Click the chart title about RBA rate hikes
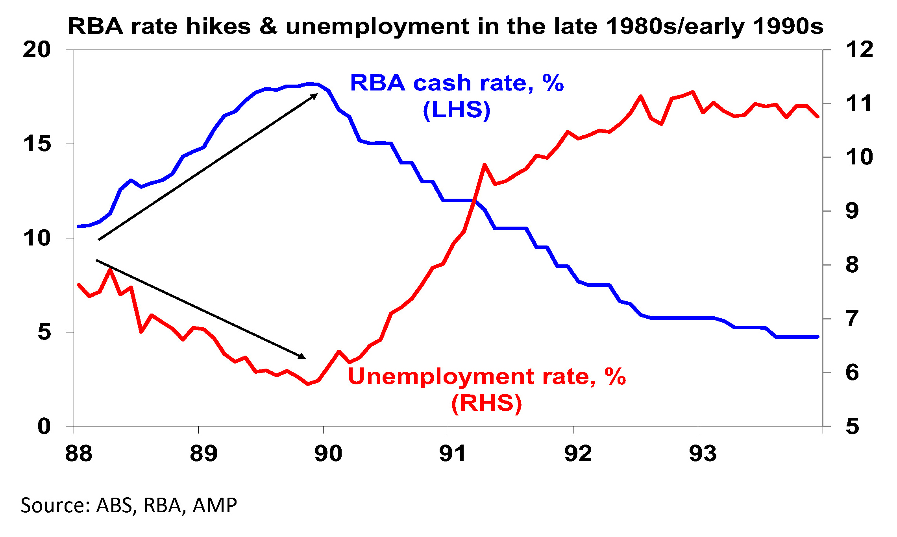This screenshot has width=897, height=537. click(x=446, y=27)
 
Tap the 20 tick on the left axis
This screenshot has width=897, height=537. click(x=37, y=50)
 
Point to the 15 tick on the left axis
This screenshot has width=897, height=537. click(x=37, y=144)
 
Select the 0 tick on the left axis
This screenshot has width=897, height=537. click(x=44, y=426)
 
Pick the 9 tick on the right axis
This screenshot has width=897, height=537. click(x=852, y=211)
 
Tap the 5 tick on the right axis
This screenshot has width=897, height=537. click(x=852, y=426)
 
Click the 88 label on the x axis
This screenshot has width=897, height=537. click(x=79, y=453)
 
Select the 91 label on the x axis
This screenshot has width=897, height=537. click(x=453, y=453)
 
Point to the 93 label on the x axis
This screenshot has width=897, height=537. click(x=703, y=453)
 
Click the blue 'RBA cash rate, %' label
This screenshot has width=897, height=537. click(x=457, y=83)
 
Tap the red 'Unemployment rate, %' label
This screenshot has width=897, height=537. click(x=487, y=376)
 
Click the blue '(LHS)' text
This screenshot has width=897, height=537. click(x=457, y=110)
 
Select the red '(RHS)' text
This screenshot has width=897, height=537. click(x=487, y=403)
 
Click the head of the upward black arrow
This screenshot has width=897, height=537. click(x=316, y=95)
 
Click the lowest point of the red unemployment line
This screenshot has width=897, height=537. click(x=308, y=384)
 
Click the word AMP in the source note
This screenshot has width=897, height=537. click(x=215, y=506)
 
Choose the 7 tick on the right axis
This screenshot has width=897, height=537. click(x=852, y=319)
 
